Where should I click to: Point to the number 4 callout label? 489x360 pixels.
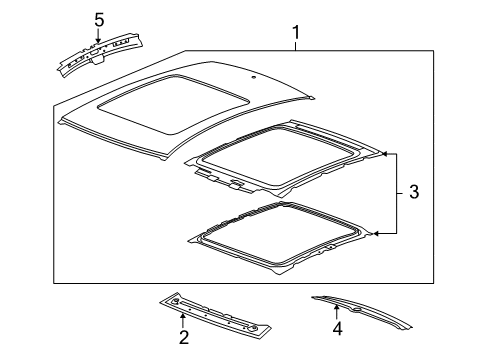click(337, 327)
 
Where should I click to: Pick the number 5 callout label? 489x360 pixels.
click(98, 19)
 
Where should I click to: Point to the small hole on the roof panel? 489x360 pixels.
click(257, 77)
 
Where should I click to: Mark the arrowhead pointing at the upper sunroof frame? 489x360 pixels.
click(385, 154)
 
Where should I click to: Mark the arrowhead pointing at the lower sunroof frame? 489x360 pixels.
click(377, 233)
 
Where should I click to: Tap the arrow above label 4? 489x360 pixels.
click(337, 311)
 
